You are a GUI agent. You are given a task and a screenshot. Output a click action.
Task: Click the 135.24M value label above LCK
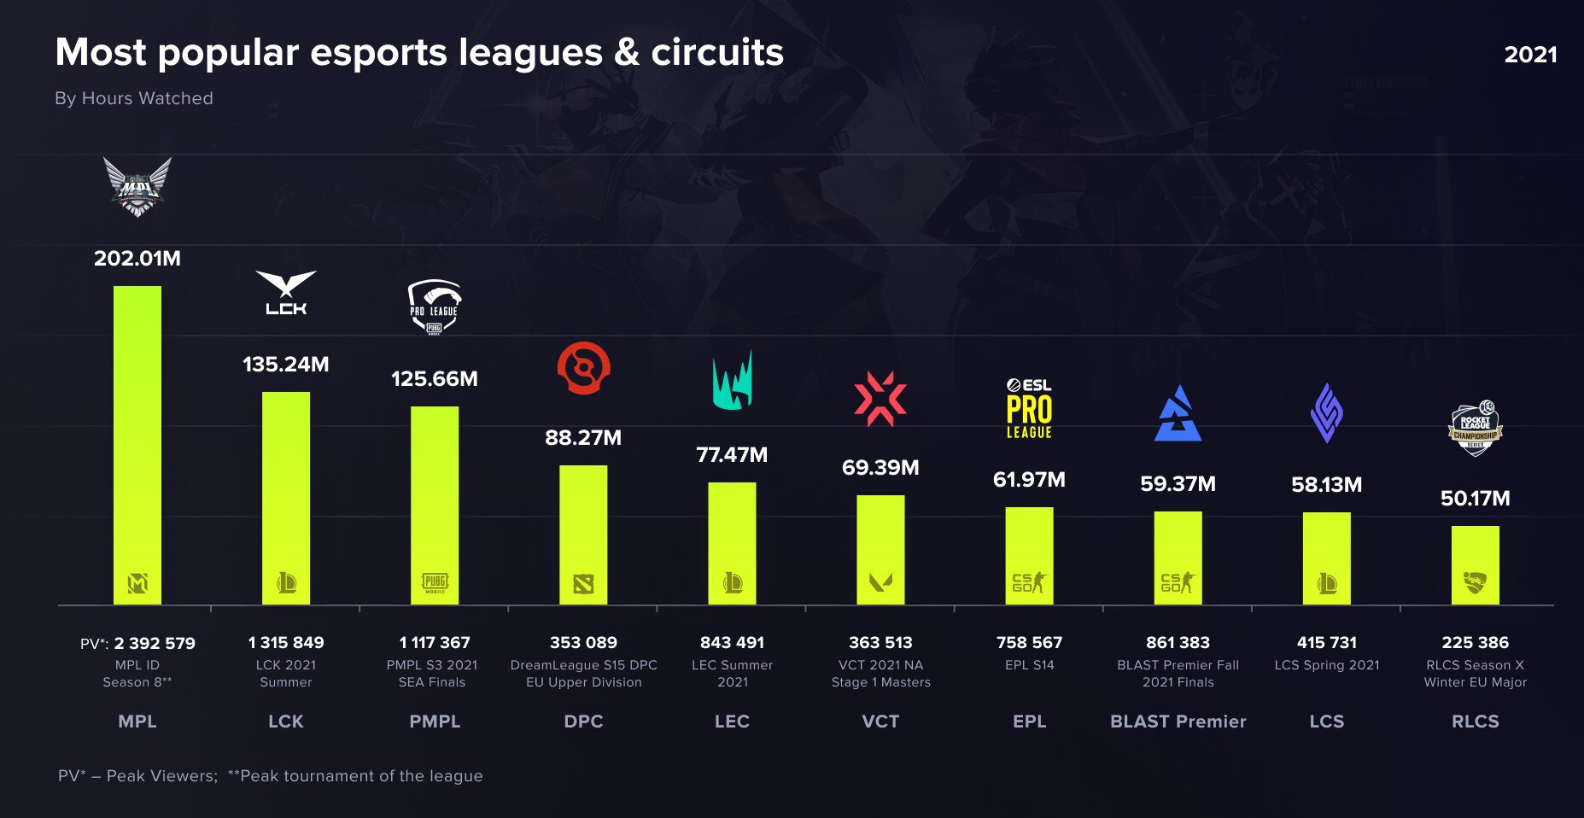[x=286, y=365]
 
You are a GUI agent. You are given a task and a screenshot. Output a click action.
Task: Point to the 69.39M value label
[x=880, y=468]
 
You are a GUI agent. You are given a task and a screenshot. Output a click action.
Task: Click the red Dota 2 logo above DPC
[x=583, y=368]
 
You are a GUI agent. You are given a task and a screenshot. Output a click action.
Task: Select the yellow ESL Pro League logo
[x=1029, y=409]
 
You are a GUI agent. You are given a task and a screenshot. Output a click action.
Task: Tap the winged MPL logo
[x=137, y=186]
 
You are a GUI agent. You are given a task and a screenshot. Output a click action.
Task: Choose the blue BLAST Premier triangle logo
[x=1178, y=415]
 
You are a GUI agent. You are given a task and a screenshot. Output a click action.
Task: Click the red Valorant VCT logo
[x=880, y=398]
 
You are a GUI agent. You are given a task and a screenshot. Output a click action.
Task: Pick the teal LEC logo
[x=732, y=381]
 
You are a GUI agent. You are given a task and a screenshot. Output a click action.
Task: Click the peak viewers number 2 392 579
[x=155, y=643]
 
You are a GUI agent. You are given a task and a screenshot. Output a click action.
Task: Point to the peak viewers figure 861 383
[x=1178, y=643]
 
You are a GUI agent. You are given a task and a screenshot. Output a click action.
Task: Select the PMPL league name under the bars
[x=435, y=722]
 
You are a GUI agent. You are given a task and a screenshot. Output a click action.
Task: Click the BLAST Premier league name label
[x=1178, y=722]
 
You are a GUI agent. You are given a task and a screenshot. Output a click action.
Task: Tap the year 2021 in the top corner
[x=1530, y=55]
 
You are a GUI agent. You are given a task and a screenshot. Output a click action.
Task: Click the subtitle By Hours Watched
[x=134, y=98]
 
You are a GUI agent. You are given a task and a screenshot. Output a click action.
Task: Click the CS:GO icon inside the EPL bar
[x=1029, y=582]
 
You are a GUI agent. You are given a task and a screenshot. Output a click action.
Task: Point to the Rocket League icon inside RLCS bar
[x=1475, y=583]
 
